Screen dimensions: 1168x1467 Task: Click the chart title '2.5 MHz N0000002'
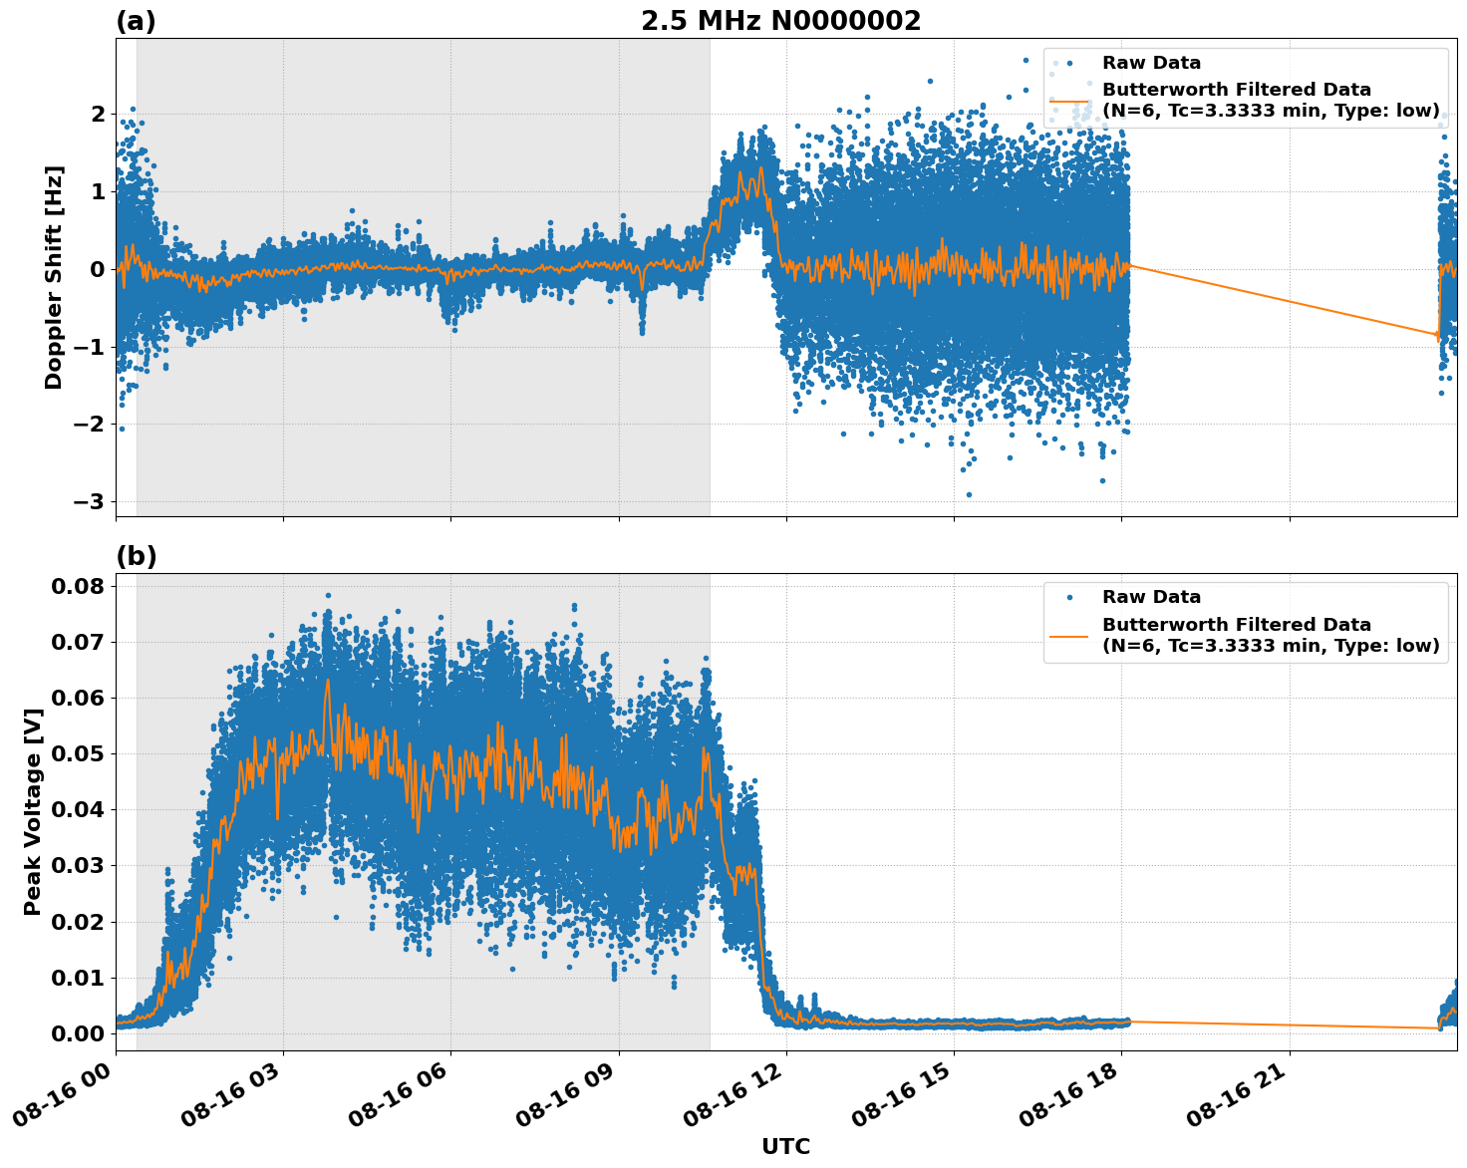coord(780,21)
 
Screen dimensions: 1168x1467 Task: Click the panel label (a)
coord(136,21)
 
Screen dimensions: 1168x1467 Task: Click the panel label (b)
coord(136,556)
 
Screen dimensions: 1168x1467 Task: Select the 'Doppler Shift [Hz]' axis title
coord(54,277)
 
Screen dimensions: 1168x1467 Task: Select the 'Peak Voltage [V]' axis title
coord(33,812)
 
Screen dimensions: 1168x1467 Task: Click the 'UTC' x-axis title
coord(785,1146)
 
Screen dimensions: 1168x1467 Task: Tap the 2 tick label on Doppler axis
coord(97,115)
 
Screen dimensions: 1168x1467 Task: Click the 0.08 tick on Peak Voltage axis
coord(77,586)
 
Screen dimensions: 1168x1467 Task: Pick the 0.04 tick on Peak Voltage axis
coord(77,809)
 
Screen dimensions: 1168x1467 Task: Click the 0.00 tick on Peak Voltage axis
coord(77,1033)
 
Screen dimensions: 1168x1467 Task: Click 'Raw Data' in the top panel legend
coord(1151,63)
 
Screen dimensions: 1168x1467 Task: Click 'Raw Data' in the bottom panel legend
coord(1151,597)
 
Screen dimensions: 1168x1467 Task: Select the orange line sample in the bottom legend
coord(1068,635)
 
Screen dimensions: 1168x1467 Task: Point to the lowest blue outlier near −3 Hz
coord(968,494)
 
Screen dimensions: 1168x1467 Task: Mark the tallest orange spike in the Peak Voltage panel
coord(327,682)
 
